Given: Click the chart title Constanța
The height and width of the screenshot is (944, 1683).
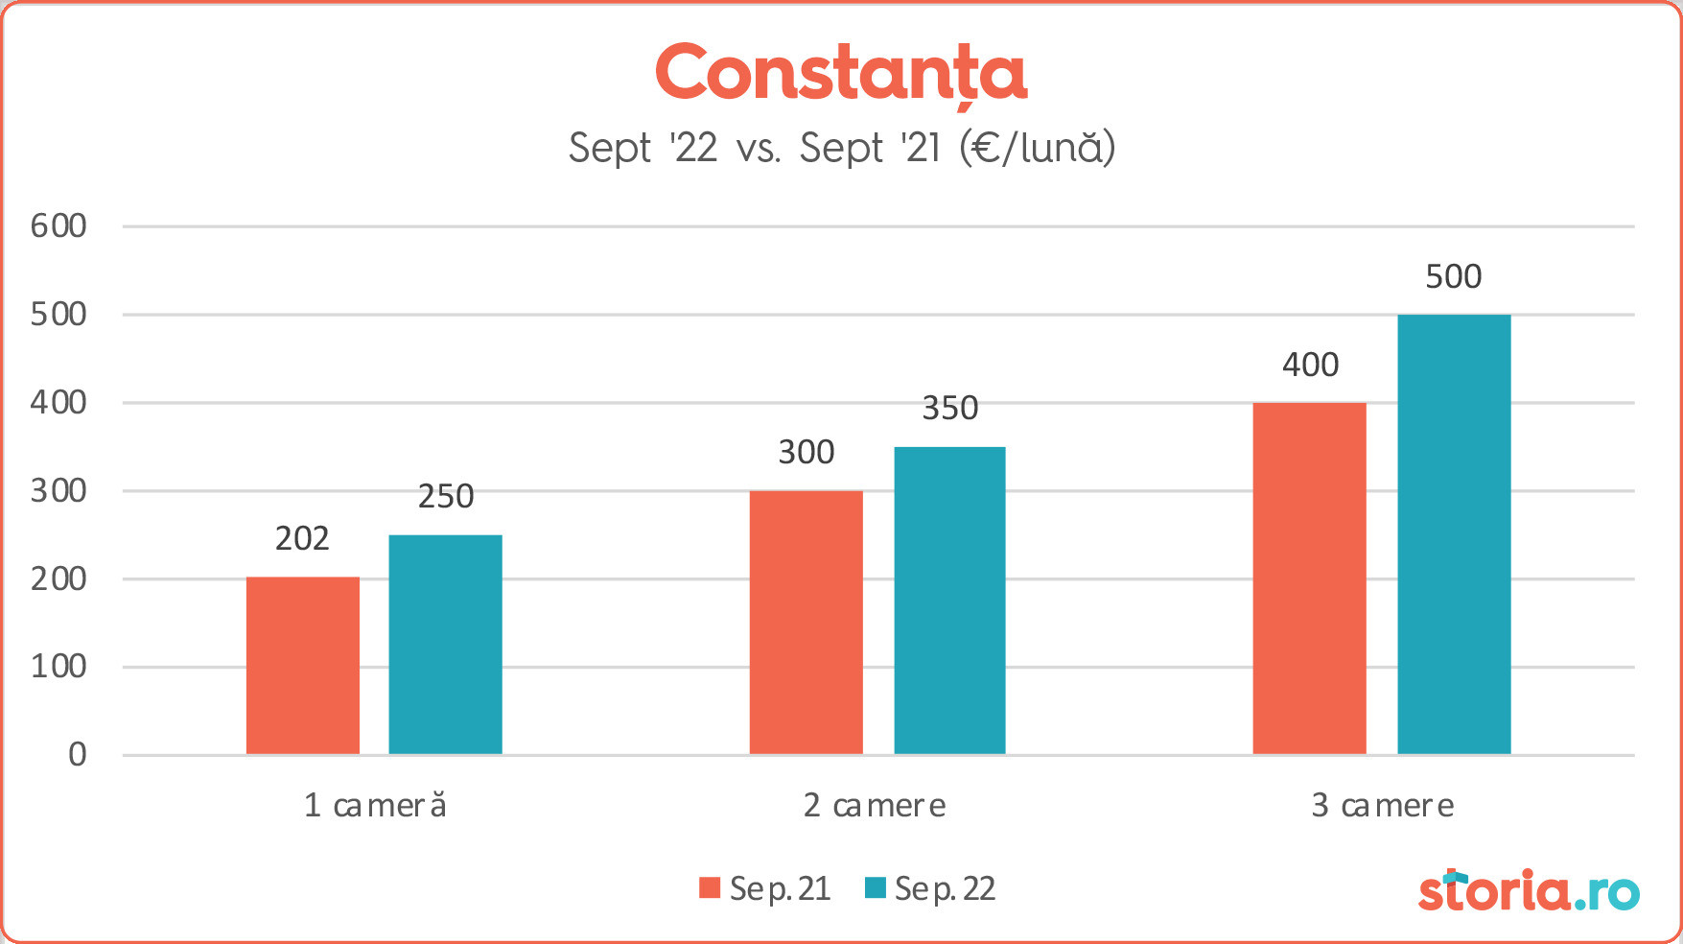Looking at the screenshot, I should point(841,74).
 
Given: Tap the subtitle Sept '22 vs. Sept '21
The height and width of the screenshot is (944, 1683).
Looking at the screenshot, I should point(841,149).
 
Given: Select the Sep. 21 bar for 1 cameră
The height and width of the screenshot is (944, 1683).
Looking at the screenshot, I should point(303,665).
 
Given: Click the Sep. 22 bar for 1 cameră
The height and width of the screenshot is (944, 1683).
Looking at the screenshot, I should point(445,644).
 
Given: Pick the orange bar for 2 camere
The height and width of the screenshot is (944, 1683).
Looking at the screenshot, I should point(806,622).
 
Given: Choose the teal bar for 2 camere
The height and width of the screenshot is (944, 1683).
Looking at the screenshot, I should point(949,600).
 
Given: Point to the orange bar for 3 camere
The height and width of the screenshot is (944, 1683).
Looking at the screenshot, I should point(1309,578).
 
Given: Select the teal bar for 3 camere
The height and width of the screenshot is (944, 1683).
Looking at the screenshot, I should point(1454,533).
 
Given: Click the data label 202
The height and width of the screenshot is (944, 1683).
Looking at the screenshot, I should point(302,539).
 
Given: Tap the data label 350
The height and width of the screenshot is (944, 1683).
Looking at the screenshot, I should point(949,409).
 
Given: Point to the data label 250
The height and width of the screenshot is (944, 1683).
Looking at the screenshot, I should point(446,497).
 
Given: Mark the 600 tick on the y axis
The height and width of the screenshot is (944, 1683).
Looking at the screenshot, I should point(58,226).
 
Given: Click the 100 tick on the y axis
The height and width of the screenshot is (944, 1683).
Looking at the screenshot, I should point(58,667).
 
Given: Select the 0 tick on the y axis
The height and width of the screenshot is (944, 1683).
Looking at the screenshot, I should point(77,755).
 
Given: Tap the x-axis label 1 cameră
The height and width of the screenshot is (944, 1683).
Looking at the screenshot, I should point(375,806).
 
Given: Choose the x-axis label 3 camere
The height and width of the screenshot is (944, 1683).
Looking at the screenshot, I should point(1382,806).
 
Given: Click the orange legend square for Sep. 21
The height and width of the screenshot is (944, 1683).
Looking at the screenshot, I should point(710,887).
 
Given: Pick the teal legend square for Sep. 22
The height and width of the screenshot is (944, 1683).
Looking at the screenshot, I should point(875,887).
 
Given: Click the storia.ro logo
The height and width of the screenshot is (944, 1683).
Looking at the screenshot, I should point(1528,891).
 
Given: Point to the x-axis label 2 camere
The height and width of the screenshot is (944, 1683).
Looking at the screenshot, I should point(875,806).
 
